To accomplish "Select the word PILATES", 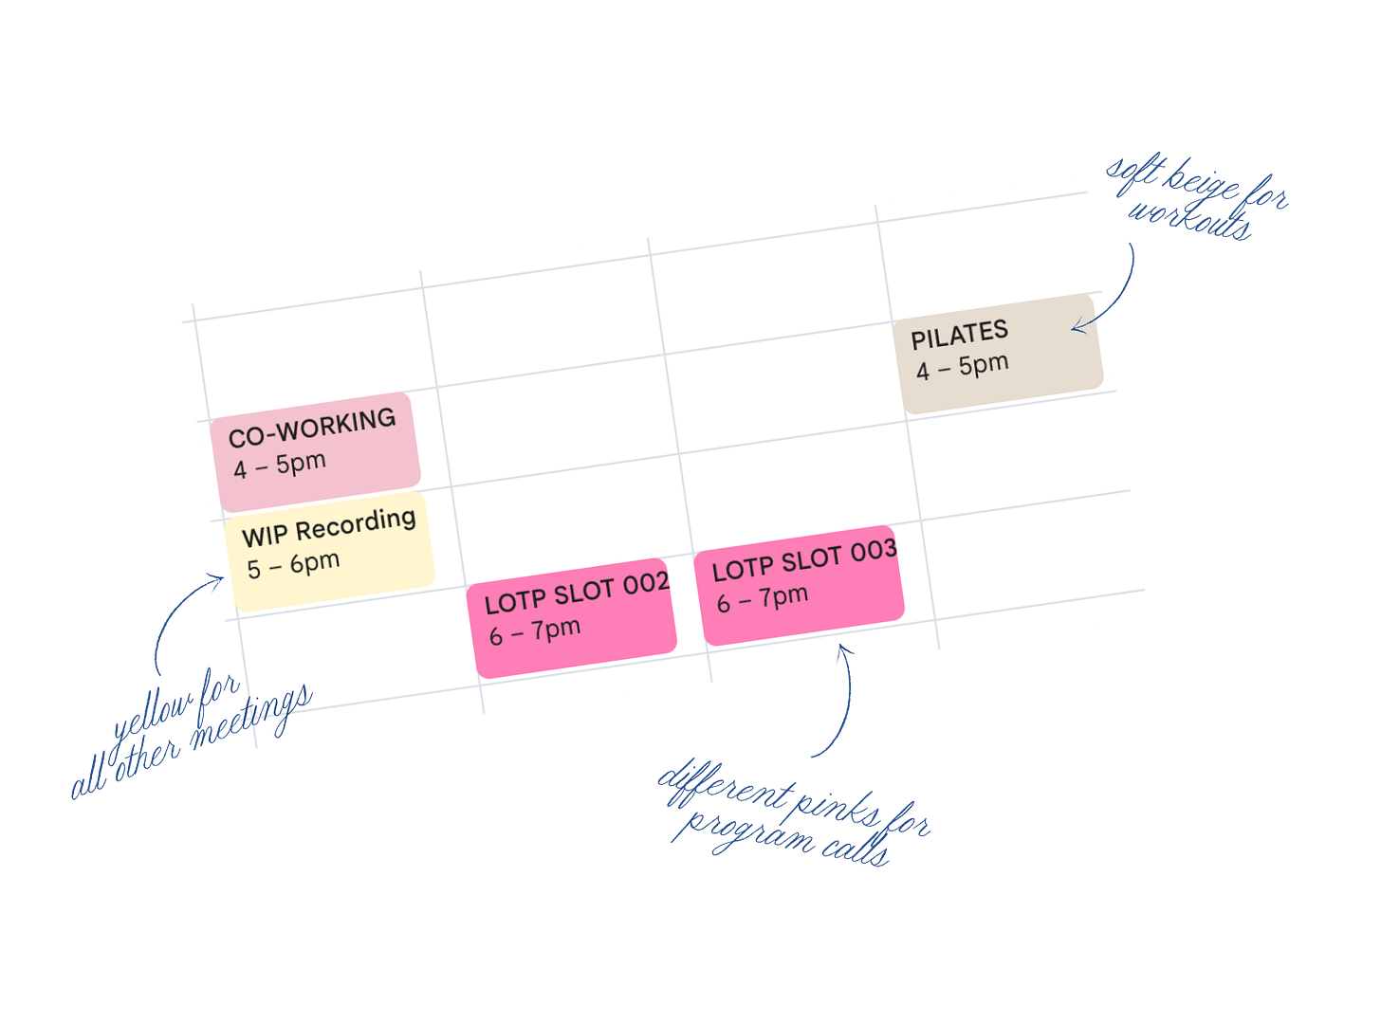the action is click(959, 335).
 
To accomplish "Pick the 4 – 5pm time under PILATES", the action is click(962, 367).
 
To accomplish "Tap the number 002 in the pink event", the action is click(646, 584).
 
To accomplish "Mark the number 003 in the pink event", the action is click(873, 551).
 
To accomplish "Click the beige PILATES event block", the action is click(1002, 353).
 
